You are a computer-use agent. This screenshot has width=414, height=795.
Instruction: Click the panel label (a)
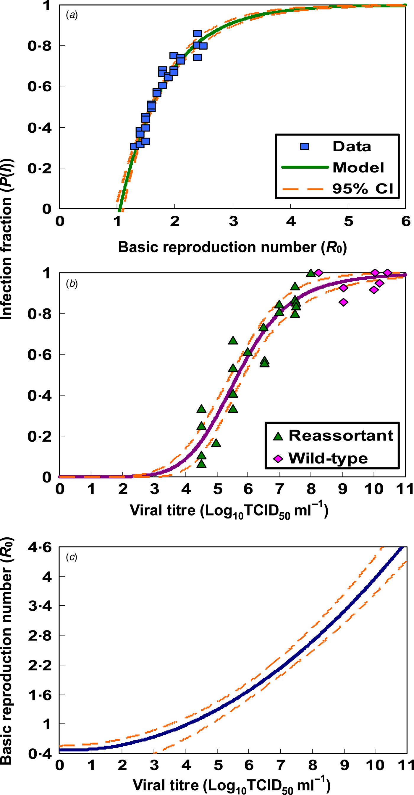pyautogui.click(x=72, y=15)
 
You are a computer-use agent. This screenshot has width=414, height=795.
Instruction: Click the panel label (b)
pyautogui.click(x=72, y=284)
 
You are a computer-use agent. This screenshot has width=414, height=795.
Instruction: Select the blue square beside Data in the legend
pyautogui.click(x=304, y=146)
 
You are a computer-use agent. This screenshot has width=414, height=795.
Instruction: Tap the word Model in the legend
pyautogui.click(x=358, y=168)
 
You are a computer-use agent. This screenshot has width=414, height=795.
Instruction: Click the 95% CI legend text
pyautogui.click(x=362, y=188)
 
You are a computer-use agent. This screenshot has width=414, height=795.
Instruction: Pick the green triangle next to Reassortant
pyautogui.click(x=278, y=436)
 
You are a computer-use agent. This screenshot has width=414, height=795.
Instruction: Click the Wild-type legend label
pyautogui.click(x=328, y=458)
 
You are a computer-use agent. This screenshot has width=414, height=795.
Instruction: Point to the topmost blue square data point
pyautogui.click(x=198, y=34)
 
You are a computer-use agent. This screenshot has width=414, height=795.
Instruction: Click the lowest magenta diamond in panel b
pyautogui.click(x=343, y=302)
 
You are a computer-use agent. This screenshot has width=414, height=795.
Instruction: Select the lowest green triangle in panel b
pyautogui.click(x=201, y=464)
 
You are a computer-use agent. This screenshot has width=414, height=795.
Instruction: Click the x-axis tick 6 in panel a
pyautogui.click(x=406, y=221)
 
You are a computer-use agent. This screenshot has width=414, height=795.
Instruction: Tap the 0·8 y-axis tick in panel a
pyautogui.click(x=40, y=46)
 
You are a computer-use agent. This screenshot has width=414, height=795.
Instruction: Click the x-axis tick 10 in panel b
pyautogui.click(x=373, y=489)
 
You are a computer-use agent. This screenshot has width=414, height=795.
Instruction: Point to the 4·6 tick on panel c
pyautogui.click(x=40, y=547)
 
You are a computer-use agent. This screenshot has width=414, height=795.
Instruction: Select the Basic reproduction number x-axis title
pyautogui.click(x=232, y=247)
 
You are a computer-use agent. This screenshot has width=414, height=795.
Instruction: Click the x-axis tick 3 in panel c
pyautogui.click(x=154, y=765)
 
